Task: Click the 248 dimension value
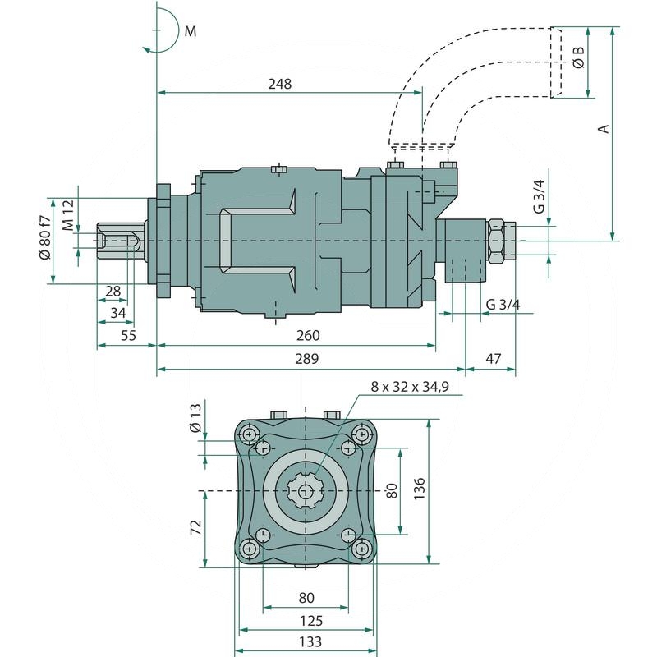click(279, 84)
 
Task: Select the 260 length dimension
click(307, 336)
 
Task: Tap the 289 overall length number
click(307, 360)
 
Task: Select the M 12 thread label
click(68, 214)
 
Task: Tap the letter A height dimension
click(603, 129)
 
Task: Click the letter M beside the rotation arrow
click(191, 32)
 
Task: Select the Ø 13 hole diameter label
click(195, 417)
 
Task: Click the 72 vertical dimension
click(195, 527)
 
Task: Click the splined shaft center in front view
click(306, 491)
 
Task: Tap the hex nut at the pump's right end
click(498, 241)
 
